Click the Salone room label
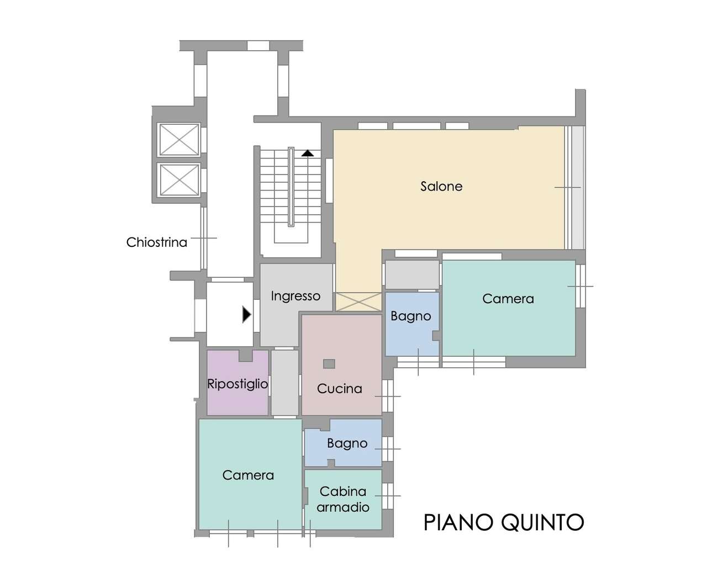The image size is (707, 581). click(441, 187)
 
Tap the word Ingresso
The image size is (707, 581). click(296, 297)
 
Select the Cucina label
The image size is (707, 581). click(339, 389)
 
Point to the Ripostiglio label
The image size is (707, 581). click(238, 384)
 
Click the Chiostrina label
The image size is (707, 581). click(156, 242)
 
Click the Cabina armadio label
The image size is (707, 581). click(343, 499)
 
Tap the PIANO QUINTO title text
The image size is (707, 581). click(503, 522)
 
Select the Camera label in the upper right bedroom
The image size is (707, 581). click(508, 299)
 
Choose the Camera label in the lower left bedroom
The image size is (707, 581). click(248, 476)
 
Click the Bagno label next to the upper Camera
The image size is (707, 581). click(410, 316)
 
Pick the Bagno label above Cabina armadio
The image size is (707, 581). click(347, 443)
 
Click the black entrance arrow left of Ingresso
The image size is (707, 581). click(246, 315)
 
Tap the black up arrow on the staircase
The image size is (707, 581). click(308, 153)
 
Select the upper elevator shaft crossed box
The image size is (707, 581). click(178, 140)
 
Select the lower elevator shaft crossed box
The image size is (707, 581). click(178, 180)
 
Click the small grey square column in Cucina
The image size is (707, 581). click(329, 363)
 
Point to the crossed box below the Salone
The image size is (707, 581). click(358, 302)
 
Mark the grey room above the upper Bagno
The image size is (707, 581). click(412, 274)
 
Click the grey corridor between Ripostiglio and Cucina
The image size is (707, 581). click(284, 382)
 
